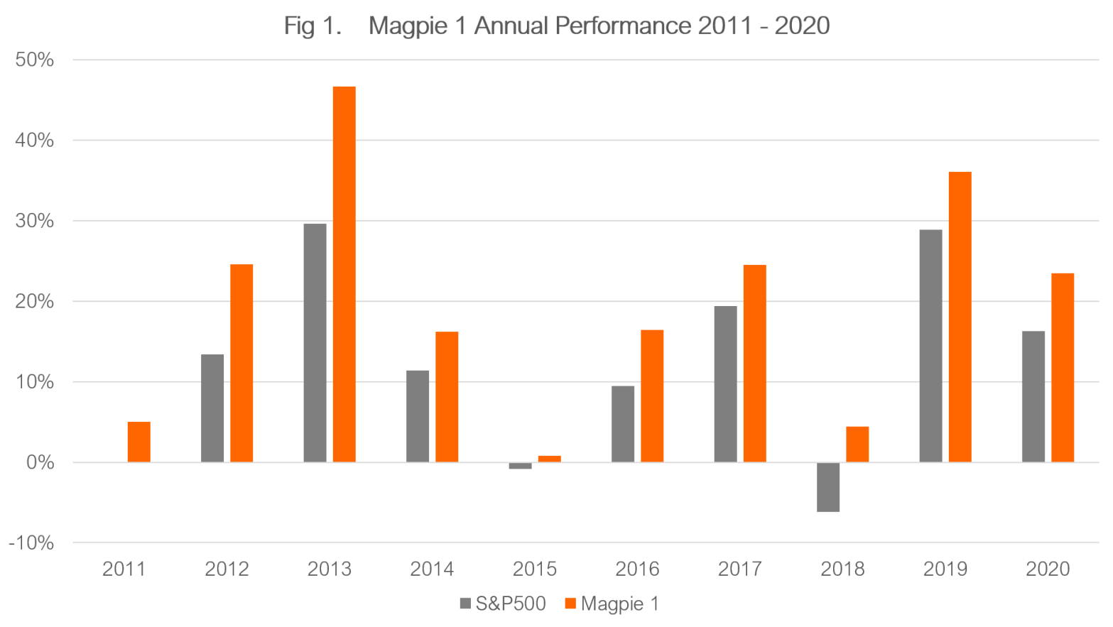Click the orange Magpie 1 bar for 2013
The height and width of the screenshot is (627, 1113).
pos(344,274)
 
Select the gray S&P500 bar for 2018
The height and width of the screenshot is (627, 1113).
pos(828,487)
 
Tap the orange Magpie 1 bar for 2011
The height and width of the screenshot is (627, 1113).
pos(139,442)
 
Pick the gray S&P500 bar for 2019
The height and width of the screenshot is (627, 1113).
pos(930,346)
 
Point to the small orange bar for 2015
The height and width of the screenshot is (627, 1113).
pos(549,459)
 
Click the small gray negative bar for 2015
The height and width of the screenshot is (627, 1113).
pos(520,466)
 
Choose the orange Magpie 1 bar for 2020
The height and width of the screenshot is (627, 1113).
pos(1063,367)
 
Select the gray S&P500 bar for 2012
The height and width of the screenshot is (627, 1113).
pos(212,408)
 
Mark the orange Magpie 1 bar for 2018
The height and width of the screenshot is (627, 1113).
pos(857,444)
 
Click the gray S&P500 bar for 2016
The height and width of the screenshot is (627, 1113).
pos(623,424)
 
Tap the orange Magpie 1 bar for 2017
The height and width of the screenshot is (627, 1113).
pos(754,364)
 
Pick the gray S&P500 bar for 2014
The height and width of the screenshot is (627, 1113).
pos(418,416)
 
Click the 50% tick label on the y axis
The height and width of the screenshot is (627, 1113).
pos(34,60)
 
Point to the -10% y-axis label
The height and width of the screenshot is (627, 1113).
pos(31,543)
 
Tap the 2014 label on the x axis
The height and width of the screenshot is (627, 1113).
pos(433,569)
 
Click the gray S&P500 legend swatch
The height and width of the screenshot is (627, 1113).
pos(466,604)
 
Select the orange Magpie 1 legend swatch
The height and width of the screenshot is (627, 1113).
pos(570,604)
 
